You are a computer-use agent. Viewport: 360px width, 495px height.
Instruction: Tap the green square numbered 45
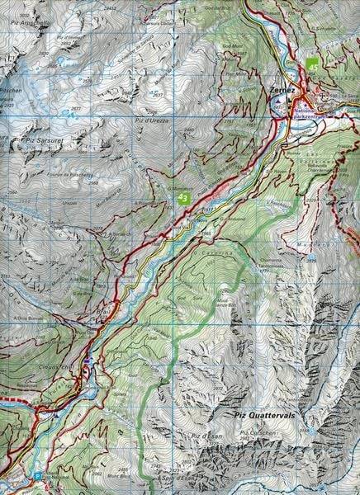click(313, 64)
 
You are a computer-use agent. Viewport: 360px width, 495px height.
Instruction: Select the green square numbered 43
click(183, 197)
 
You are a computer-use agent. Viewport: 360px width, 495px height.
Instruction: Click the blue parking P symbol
click(38, 476)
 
